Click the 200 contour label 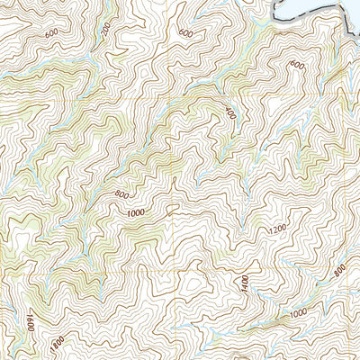tap(106, 30)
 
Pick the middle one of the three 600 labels tap(185, 33)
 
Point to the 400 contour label tap(230, 114)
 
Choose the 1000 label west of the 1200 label tap(136, 213)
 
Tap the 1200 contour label tap(277, 230)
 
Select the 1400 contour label tap(244, 284)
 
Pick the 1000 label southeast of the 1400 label tap(299, 311)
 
